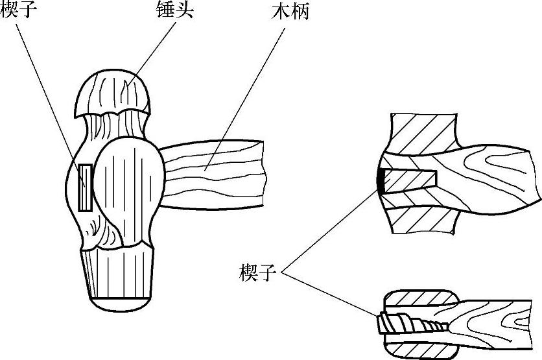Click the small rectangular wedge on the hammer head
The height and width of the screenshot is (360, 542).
coord(85,187)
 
